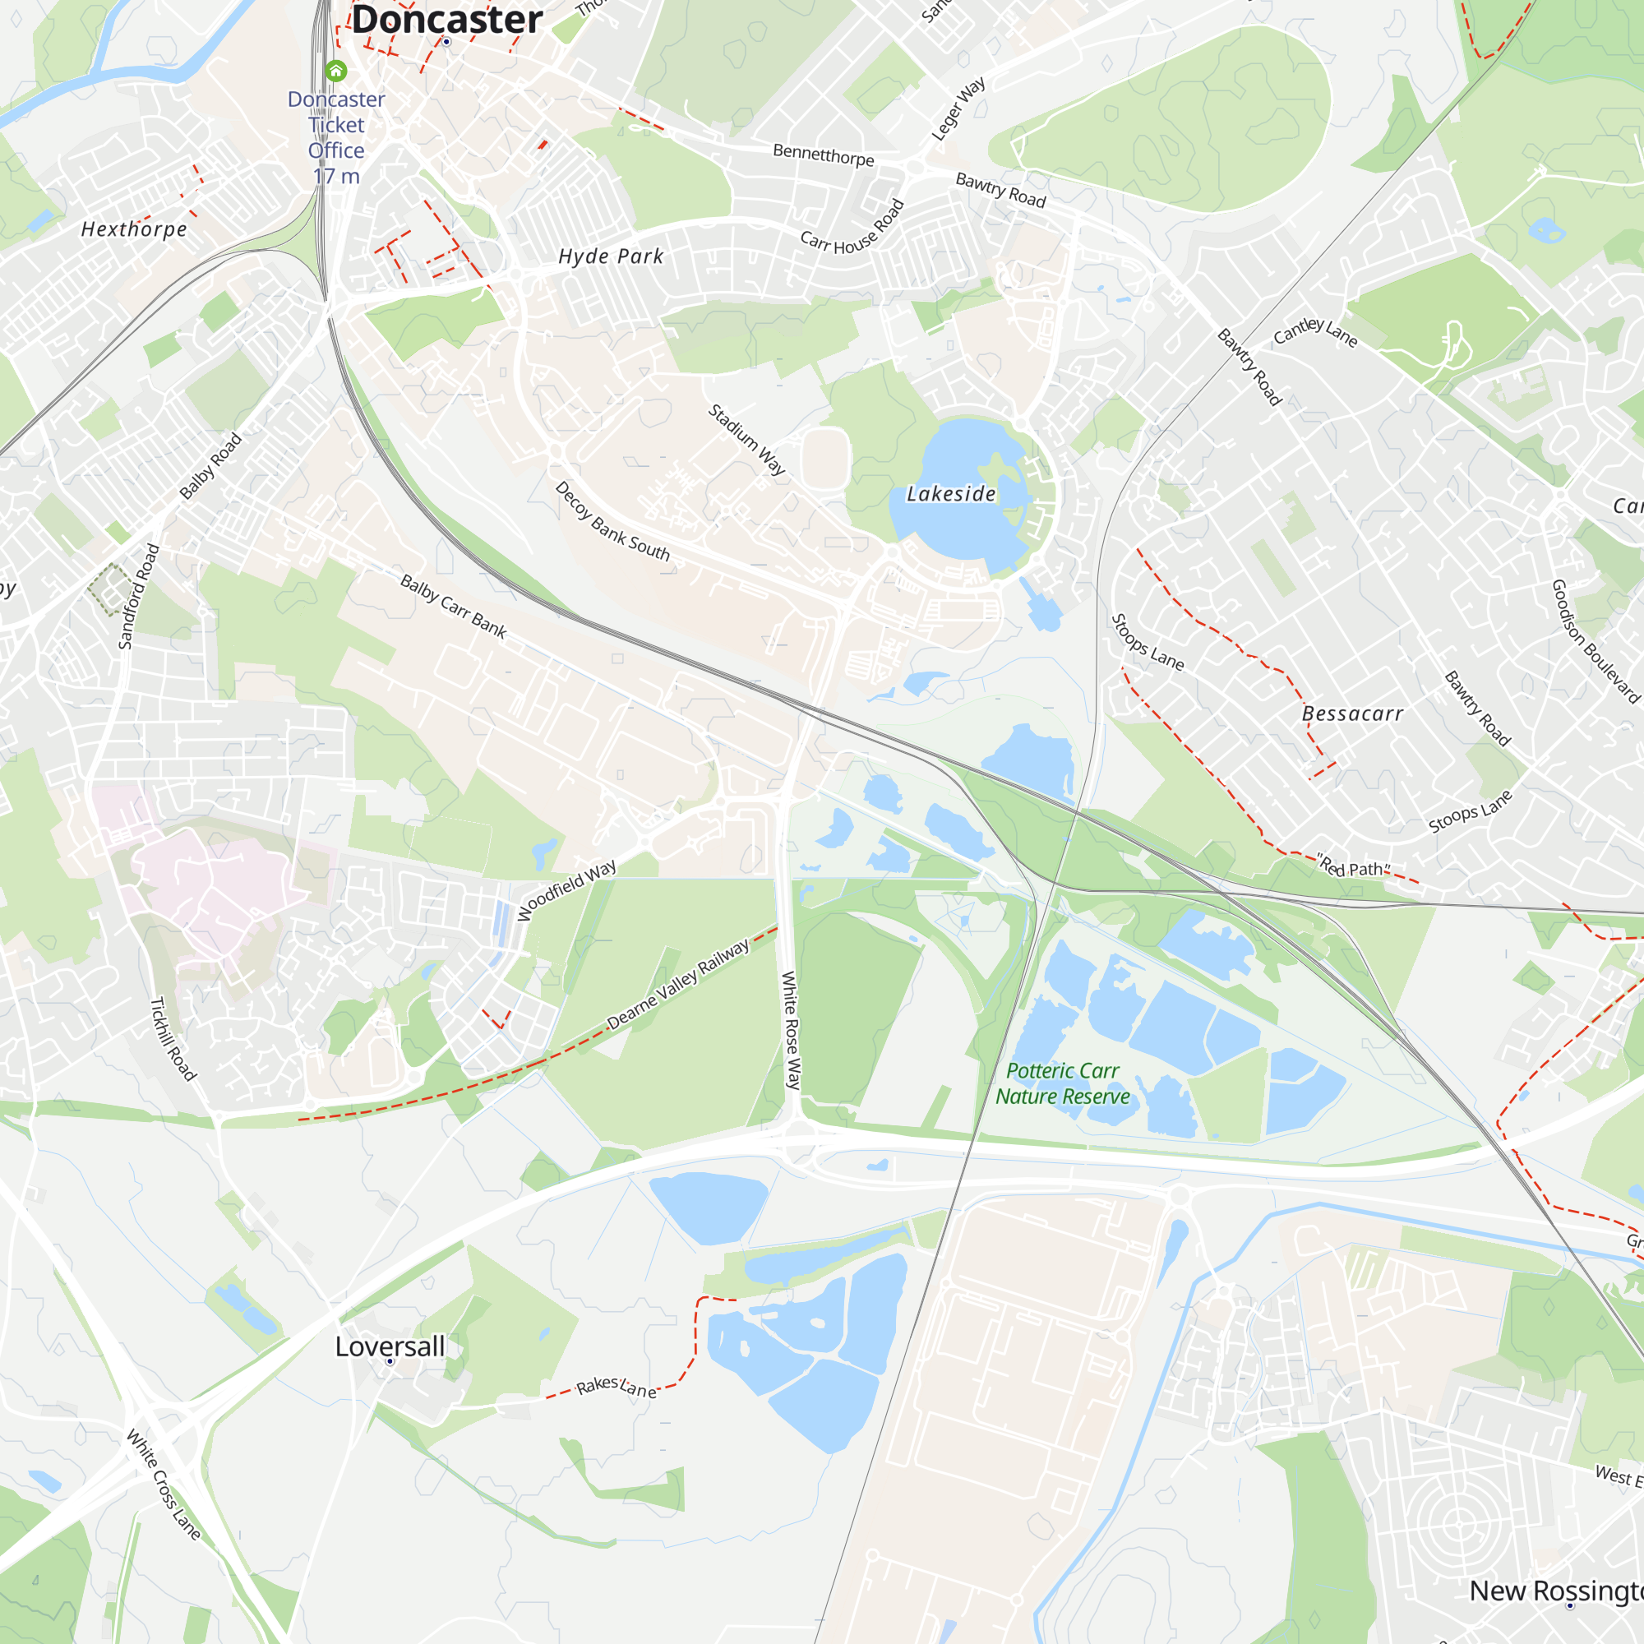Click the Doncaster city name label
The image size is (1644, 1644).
pos(446,19)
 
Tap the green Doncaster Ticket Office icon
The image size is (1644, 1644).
pos(336,71)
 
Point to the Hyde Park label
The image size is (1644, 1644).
pos(610,256)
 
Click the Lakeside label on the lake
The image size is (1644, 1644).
pos(950,493)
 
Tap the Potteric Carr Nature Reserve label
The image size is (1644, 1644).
pos(1062,1083)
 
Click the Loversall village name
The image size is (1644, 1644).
pos(390,1346)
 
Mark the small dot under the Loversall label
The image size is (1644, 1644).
pos(390,1361)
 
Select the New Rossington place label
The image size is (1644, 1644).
pos(1555,1591)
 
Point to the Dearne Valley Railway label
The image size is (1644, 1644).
pos(678,985)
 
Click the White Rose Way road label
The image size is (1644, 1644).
pos(791,1031)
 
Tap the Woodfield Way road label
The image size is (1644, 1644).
pos(566,890)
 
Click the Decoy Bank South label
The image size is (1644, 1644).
pos(612,522)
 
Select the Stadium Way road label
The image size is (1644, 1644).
pos(746,439)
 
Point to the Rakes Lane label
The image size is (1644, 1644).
pos(616,1387)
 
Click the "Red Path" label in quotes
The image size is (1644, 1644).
pos(1353,868)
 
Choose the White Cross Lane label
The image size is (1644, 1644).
pos(164,1485)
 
